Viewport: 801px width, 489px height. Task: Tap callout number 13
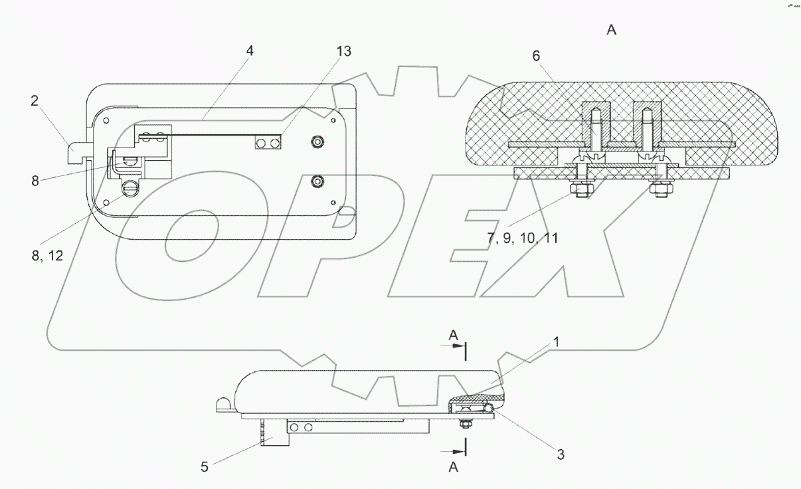(x=343, y=52)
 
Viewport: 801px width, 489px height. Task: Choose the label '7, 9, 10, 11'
(x=522, y=238)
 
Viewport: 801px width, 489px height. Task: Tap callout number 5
(x=205, y=466)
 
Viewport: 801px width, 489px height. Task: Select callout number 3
(x=561, y=454)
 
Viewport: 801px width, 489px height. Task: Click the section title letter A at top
(x=611, y=30)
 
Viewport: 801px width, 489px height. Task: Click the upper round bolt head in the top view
(x=318, y=142)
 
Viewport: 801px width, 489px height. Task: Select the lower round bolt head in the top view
(x=318, y=181)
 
